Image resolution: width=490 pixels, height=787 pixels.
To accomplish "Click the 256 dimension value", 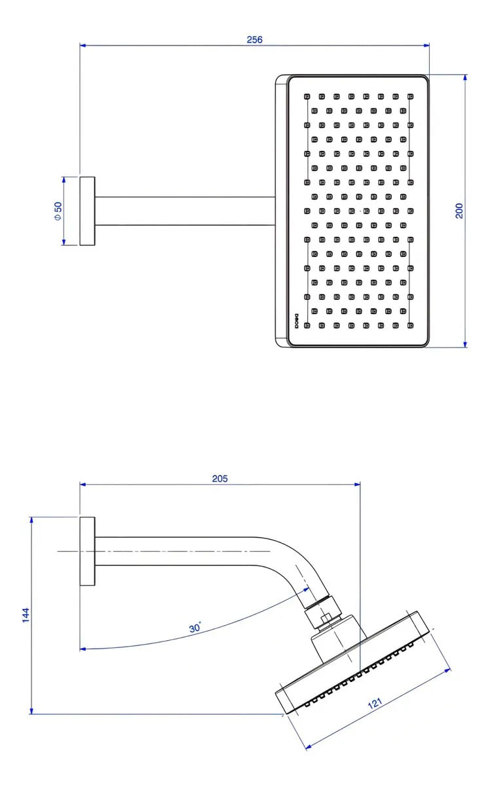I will [255, 39].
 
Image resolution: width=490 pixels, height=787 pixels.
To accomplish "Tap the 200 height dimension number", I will [459, 211].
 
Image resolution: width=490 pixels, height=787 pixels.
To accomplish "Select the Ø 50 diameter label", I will [58, 211].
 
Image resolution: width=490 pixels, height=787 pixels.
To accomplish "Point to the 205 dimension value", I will [220, 479].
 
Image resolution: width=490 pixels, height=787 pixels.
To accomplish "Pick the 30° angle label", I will [195, 628].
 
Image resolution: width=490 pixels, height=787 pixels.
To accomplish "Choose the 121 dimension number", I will [375, 704].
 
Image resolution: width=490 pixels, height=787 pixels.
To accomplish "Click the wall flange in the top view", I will [87, 211].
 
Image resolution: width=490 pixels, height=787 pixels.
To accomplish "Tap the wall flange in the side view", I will [87, 551].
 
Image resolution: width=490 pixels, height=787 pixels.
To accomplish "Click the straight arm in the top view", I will [183, 211].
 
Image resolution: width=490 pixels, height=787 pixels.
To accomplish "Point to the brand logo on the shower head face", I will [296, 319].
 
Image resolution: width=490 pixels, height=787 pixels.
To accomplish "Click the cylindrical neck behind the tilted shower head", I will [337, 639].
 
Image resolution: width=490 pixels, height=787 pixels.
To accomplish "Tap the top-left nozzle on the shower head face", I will [307, 96].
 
